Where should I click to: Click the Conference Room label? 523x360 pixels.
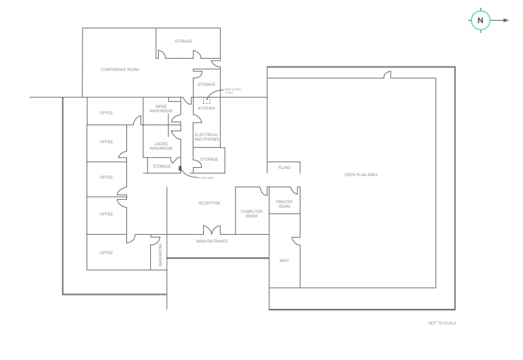tap(119, 70)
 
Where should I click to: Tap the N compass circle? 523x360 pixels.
tap(480, 21)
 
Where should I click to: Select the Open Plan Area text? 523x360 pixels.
tap(360, 175)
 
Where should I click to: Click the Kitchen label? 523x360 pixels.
tap(206, 108)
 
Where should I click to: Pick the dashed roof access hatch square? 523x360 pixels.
tap(207, 99)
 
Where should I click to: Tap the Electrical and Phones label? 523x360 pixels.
tap(206, 137)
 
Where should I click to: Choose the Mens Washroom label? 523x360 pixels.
tap(161, 108)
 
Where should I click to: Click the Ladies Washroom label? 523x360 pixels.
tap(161, 146)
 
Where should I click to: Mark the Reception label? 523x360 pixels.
tap(209, 203)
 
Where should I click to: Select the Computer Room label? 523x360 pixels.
tap(252, 214)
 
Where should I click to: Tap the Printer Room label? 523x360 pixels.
tap(284, 204)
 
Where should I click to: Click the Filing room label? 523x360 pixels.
tap(284, 168)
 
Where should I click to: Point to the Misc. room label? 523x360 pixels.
tap(284, 261)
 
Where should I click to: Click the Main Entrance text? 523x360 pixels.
tap(212, 241)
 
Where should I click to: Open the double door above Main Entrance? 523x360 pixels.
tap(212, 230)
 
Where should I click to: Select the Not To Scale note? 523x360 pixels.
tap(442, 323)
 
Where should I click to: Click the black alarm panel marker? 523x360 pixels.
tap(181, 170)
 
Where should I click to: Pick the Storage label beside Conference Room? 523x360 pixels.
tap(183, 41)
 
